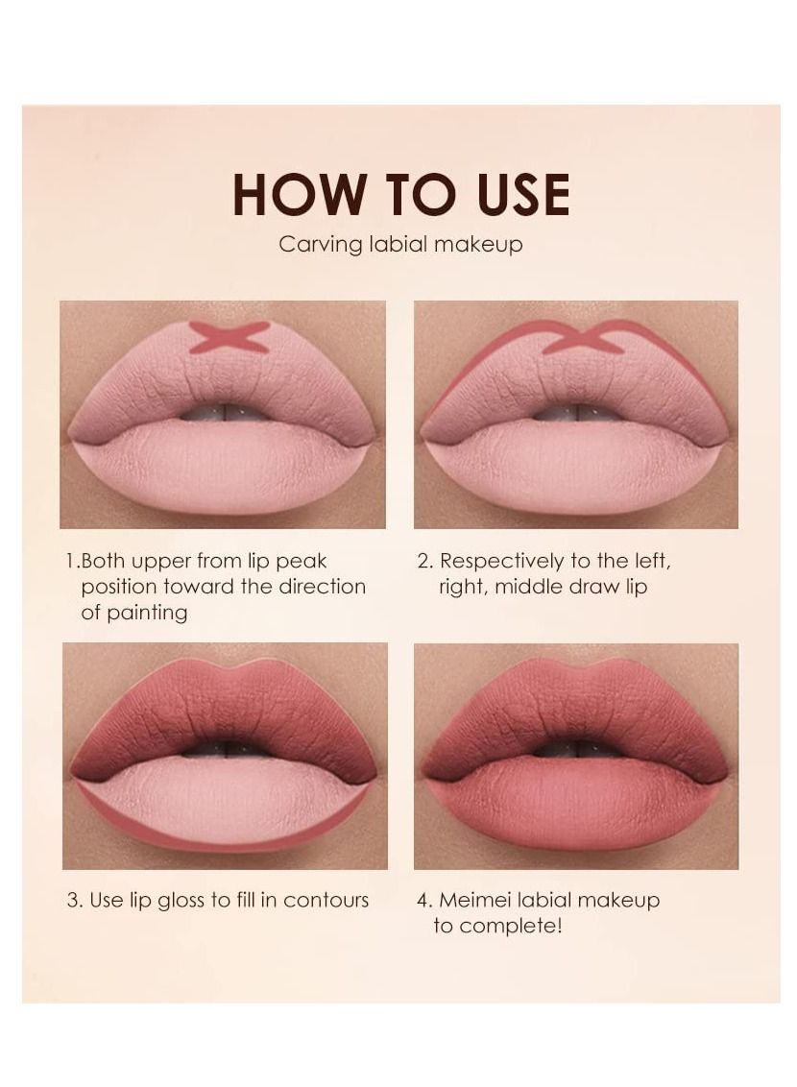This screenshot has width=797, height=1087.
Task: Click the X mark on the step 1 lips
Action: (x=230, y=337)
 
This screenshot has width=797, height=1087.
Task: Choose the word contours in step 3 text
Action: (x=326, y=901)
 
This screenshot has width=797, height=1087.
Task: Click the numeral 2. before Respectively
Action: (x=424, y=562)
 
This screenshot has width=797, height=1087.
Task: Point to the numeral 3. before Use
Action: (x=76, y=901)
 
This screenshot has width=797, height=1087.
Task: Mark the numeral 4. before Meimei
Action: (x=424, y=901)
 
